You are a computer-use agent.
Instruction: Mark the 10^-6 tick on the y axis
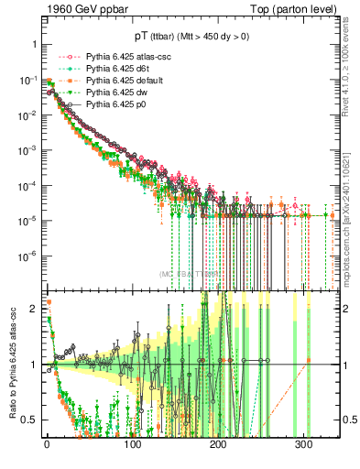pos(28,256)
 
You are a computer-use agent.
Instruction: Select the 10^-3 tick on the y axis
pos(28,149)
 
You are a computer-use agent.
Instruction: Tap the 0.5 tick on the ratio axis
pos(30,420)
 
